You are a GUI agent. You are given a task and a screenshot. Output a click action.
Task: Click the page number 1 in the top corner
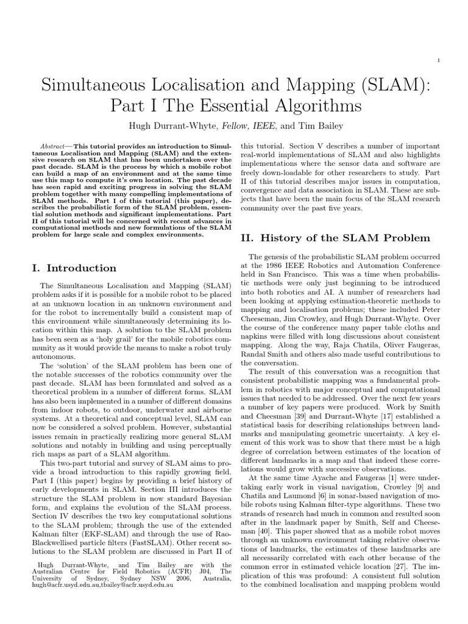(439, 60)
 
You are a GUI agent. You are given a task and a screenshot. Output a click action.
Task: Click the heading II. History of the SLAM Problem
(336, 238)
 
